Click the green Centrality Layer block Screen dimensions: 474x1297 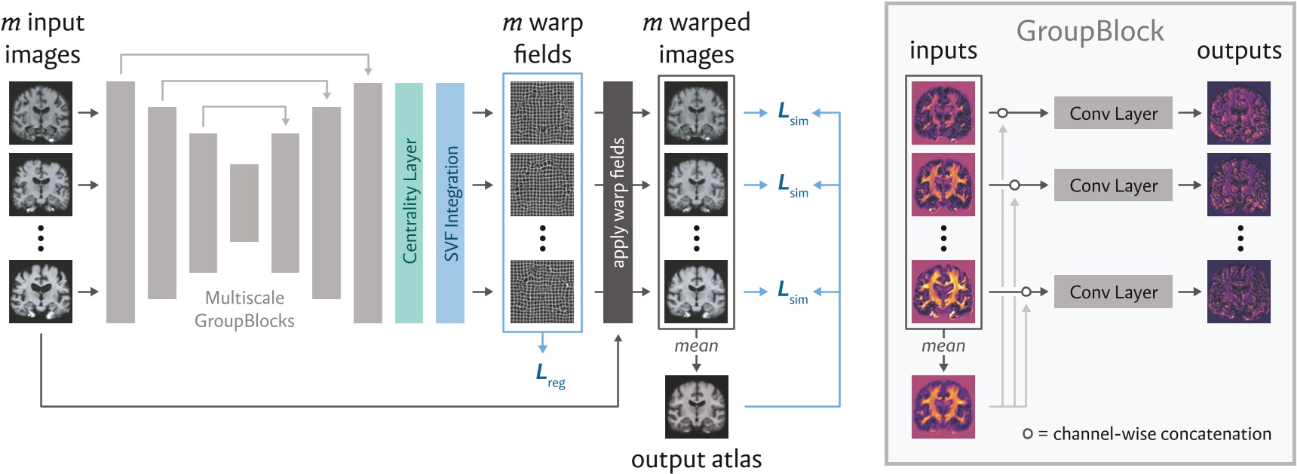click(409, 202)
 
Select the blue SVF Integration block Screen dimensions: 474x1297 click(450, 202)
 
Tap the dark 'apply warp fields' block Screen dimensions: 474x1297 click(618, 202)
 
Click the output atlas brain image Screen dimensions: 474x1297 click(696, 406)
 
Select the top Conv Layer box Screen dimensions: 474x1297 click(1113, 113)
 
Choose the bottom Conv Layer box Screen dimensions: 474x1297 click(1113, 292)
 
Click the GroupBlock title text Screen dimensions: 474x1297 click(1090, 31)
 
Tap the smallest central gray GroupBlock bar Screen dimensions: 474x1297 click(244, 203)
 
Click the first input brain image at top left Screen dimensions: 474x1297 click(41, 113)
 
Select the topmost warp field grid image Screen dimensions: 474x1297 click(542, 113)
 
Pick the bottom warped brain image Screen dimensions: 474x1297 click(696, 292)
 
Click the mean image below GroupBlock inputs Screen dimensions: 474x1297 click(943, 406)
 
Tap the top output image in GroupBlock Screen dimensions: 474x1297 click(1238, 113)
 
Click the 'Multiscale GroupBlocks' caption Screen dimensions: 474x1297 click(244, 309)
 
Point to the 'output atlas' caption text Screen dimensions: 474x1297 click(696, 459)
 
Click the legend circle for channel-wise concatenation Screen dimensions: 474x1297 click(1027, 434)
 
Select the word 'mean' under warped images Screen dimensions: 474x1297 click(696, 346)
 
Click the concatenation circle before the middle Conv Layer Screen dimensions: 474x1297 click(1014, 185)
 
